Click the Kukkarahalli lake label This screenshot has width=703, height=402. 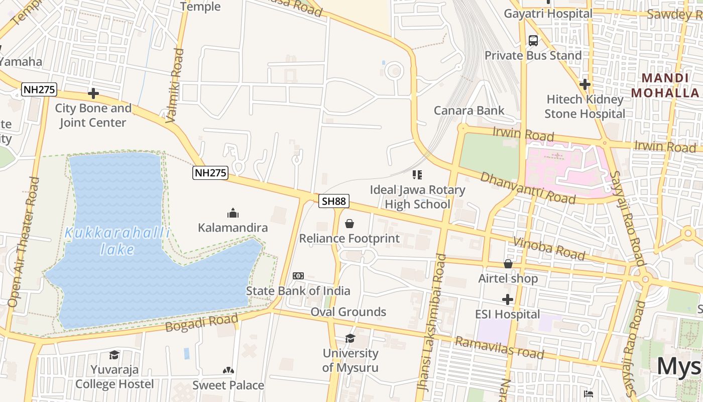click(x=118, y=241)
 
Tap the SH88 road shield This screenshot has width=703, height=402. click(x=334, y=201)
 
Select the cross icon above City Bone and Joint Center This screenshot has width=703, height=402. click(x=93, y=93)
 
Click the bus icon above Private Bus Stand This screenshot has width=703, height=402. click(x=533, y=40)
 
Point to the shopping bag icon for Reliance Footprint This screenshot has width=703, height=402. click(x=349, y=224)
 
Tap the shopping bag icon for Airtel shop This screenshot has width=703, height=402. click(x=508, y=264)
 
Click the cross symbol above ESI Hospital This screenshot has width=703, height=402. click(x=508, y=300)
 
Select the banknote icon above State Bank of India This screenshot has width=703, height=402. click(x=298, y=276)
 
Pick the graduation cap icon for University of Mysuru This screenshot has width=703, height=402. click(x=350, y=339)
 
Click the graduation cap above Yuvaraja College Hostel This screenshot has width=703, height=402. click(x=114, y=355)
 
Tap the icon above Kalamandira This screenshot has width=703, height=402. click(x=232, y=213)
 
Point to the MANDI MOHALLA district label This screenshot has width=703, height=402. click(x=665, y=85)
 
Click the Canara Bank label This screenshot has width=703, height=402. click(x=469, y=111)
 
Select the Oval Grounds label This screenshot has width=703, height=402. click(x=348, y=312)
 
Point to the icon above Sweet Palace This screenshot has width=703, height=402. click(x=228, y=370)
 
